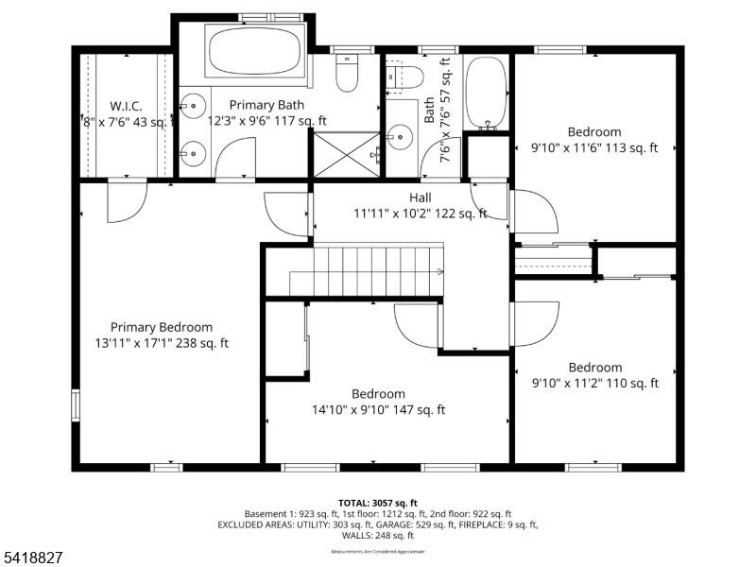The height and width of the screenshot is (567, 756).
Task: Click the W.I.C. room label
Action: click(125, 105)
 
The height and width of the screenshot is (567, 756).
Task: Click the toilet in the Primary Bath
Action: click(347, 73)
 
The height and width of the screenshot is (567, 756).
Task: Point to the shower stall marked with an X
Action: click(346, 152)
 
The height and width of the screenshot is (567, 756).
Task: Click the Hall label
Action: click(421, 198)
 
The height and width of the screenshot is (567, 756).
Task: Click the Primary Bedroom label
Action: click(161, 327)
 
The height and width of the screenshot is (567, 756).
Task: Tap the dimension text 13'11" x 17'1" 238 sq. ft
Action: click(161, 343)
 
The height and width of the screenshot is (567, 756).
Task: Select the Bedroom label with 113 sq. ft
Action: click(594, 132)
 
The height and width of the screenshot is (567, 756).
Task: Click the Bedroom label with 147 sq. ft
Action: click(378, 394)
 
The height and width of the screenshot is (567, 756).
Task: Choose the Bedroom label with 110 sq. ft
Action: click(594, 368)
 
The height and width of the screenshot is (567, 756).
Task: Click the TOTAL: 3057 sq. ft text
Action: click(378, 503)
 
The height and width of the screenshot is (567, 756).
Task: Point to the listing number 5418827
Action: click(33, 558)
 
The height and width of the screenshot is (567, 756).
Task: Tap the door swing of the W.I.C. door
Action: click(126, 200)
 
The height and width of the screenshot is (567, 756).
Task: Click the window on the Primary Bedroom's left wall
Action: click(76, 404)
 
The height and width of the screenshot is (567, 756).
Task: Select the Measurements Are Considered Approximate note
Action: click(378, 551)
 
